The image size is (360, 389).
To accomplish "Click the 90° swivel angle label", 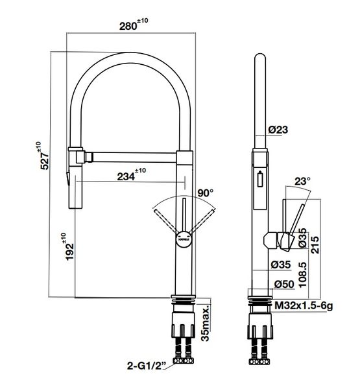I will [205, 193].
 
